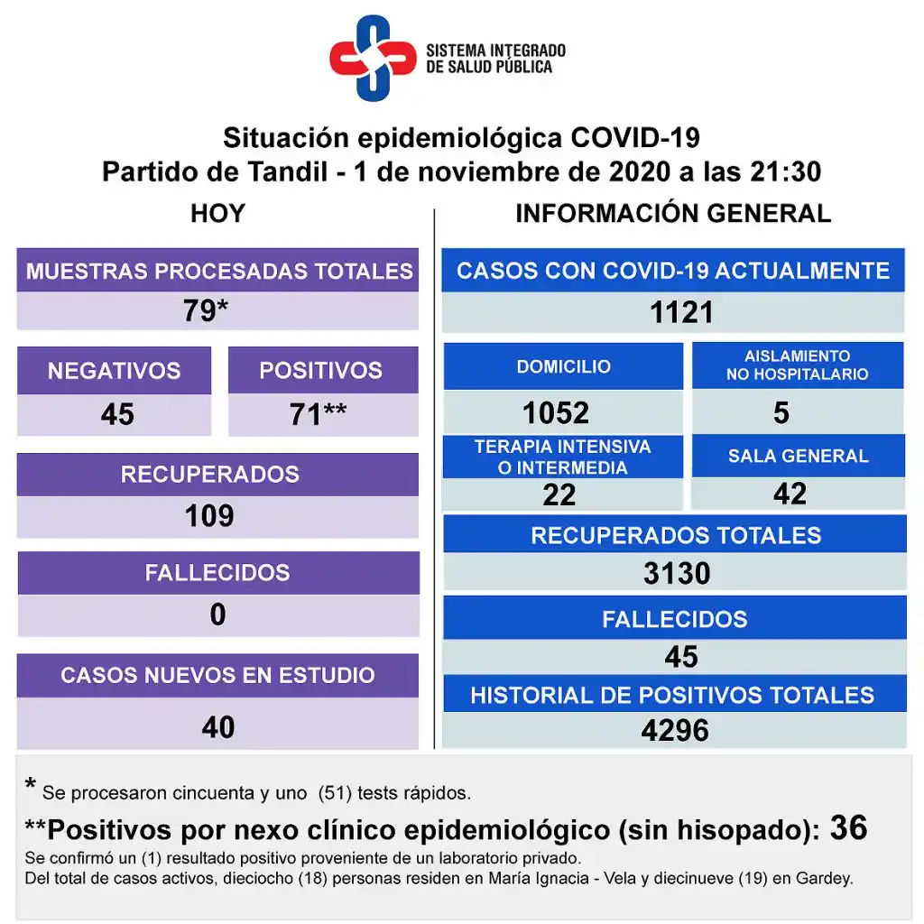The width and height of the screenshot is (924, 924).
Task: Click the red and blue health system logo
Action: click(x=372, y=58)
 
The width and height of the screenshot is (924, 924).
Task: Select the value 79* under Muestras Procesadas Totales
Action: click(x=205, y=310)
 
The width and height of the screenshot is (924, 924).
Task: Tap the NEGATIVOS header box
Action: click(x=114, y=370)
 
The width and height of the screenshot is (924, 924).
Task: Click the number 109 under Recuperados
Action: click(x=209, y=515)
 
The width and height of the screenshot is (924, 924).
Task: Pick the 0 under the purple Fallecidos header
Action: click(x=217, y=614)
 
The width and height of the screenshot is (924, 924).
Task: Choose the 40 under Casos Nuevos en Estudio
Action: click(x=218, y=726)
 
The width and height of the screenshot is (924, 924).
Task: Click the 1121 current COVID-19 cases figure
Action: click(x=681, y=312)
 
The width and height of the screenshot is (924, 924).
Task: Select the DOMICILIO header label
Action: click(x=563, y=366)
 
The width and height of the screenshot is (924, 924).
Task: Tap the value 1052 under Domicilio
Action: click(x=556, y=412)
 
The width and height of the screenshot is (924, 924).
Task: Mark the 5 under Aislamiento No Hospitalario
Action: click(x=781, y=412)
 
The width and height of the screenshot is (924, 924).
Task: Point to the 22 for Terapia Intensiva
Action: click(x=559, y=494)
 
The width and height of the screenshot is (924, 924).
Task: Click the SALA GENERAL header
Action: click(x=799, y=456)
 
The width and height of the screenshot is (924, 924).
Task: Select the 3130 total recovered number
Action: click(x=677, y=573)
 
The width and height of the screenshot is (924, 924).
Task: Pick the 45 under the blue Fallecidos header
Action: click(x=680, y=657)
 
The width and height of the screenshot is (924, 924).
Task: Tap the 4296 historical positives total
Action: click(x=675, y=730)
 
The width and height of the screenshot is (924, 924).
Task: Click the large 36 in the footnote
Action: click(x=848, y=827)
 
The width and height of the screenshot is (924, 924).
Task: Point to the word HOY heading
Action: click(x=217, y=214)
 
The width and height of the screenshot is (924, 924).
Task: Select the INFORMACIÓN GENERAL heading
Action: click(x=673, y=214)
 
